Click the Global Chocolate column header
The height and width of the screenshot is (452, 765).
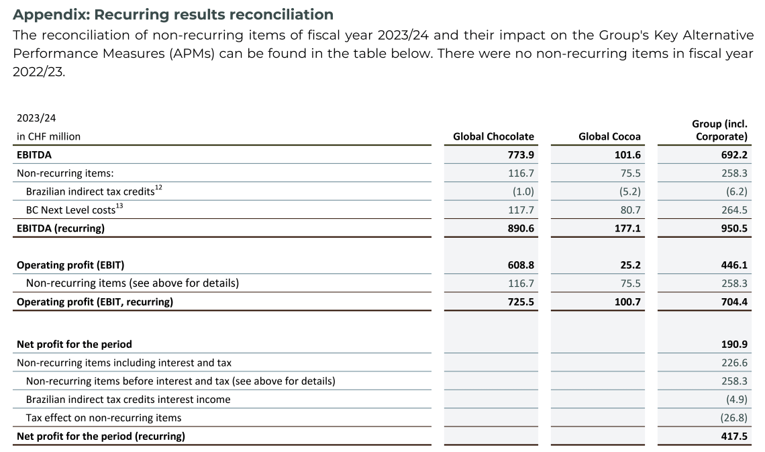point(493,136)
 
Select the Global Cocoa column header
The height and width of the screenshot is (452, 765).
point(609,136)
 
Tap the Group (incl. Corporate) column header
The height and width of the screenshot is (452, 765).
point(719,130)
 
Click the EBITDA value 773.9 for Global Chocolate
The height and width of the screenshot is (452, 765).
point(521,154)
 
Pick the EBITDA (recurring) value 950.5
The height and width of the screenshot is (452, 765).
point(733,228)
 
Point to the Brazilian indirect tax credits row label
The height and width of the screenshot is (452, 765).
point(90,191)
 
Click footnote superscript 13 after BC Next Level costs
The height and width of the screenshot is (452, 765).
point(120,206)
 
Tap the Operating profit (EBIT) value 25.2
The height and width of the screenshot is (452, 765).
point(629,265)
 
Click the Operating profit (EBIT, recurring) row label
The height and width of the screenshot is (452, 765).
point(95,302)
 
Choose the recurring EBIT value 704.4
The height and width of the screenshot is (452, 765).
point(733,302)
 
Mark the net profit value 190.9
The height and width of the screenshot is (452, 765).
point(733,344)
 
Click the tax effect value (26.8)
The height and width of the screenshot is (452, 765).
point(732,418)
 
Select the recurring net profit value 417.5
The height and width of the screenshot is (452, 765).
point(733,436)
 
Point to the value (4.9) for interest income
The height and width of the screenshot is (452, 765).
point(735,400)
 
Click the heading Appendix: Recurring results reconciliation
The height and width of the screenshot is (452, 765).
point(173,14)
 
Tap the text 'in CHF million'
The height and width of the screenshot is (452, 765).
point(48,136)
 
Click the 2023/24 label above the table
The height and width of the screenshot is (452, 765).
point(36,118)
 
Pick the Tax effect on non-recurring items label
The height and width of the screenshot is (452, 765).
point(103,418)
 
